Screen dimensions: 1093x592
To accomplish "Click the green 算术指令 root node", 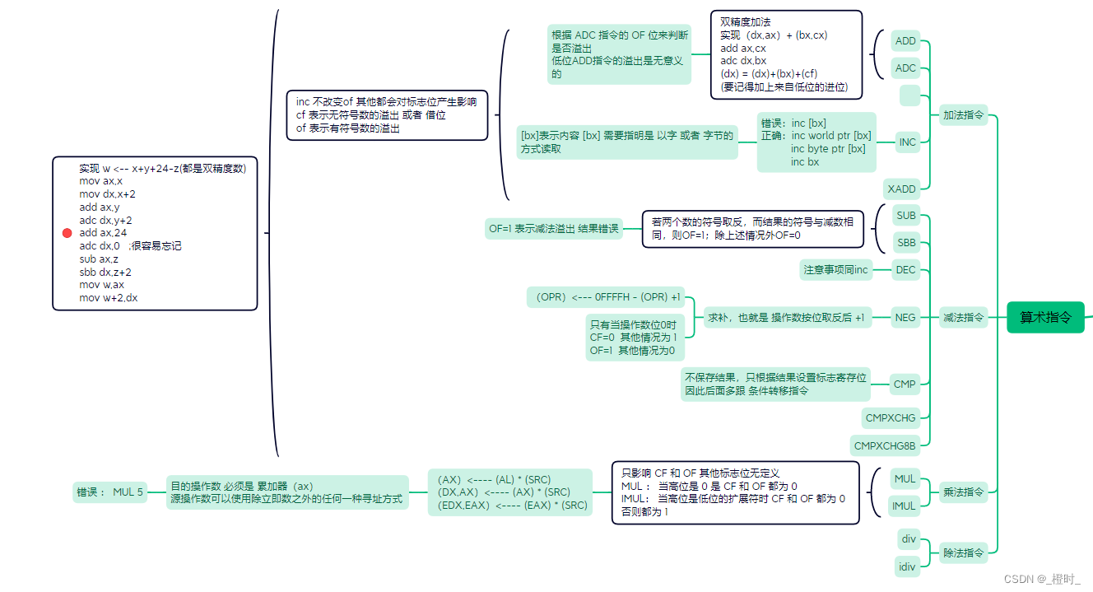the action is pos(1045,317).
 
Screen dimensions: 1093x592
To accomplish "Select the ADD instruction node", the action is pos(905,41).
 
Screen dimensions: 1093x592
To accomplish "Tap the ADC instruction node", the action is pos(905,68).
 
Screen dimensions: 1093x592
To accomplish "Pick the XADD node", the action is pos(901,189).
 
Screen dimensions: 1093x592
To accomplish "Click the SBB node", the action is pos(906,243).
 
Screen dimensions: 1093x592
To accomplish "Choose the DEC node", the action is pos(905,269).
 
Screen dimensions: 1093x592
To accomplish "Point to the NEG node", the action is pos(905,317).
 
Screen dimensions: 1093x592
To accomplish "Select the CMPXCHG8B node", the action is pos(885,446).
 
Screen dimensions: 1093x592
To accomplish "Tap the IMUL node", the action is pos(904,506).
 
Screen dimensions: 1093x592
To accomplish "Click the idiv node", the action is pos(907,566).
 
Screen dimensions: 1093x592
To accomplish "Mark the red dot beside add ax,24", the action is pos(67,233).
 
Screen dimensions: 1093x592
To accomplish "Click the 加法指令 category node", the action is pos(963,115).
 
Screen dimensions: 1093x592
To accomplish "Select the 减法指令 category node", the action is pos(963,317).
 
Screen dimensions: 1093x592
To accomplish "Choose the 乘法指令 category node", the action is pos(963,492).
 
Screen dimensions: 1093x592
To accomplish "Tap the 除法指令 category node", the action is pos(963,553).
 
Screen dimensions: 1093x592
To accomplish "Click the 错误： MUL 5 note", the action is pos(110,492).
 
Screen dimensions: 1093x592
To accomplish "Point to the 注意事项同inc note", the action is pos(836,269).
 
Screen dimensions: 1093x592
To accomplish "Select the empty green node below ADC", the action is pos(909,96).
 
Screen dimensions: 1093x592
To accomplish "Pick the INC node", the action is pos(907,142).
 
